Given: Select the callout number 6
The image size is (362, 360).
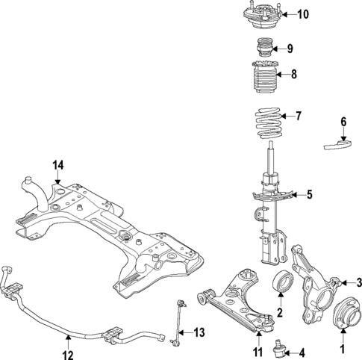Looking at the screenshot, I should tap(343, 121).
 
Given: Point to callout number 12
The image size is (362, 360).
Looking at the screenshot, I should tap(68, 346).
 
